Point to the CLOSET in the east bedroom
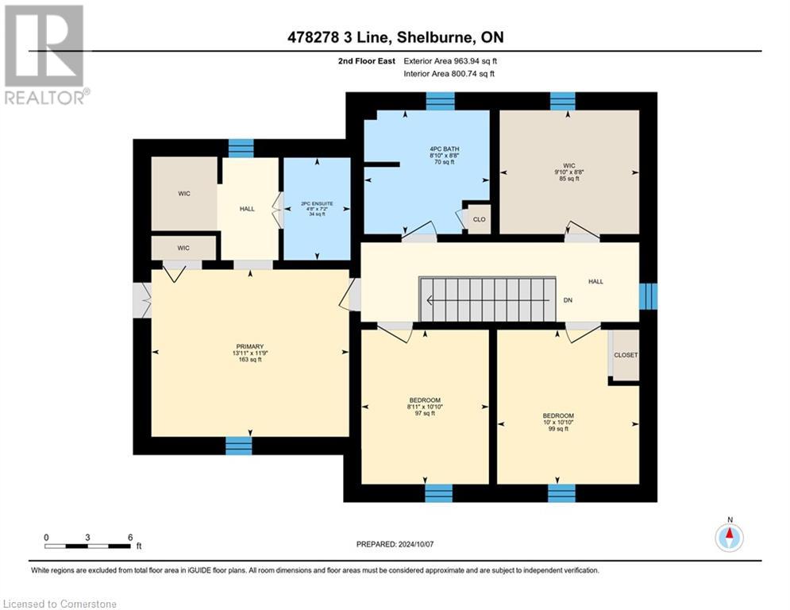[626, 355]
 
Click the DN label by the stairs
[568, 300]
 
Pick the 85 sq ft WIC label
[568, 172]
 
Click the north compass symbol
[728, 537]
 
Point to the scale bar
[88, 546]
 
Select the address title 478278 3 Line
[395, 37]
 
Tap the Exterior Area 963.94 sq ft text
[450, 60]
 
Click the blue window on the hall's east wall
[648, 295]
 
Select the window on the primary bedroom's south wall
[238, 446]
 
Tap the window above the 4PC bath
[440, 100]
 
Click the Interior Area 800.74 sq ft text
[449, 74]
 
